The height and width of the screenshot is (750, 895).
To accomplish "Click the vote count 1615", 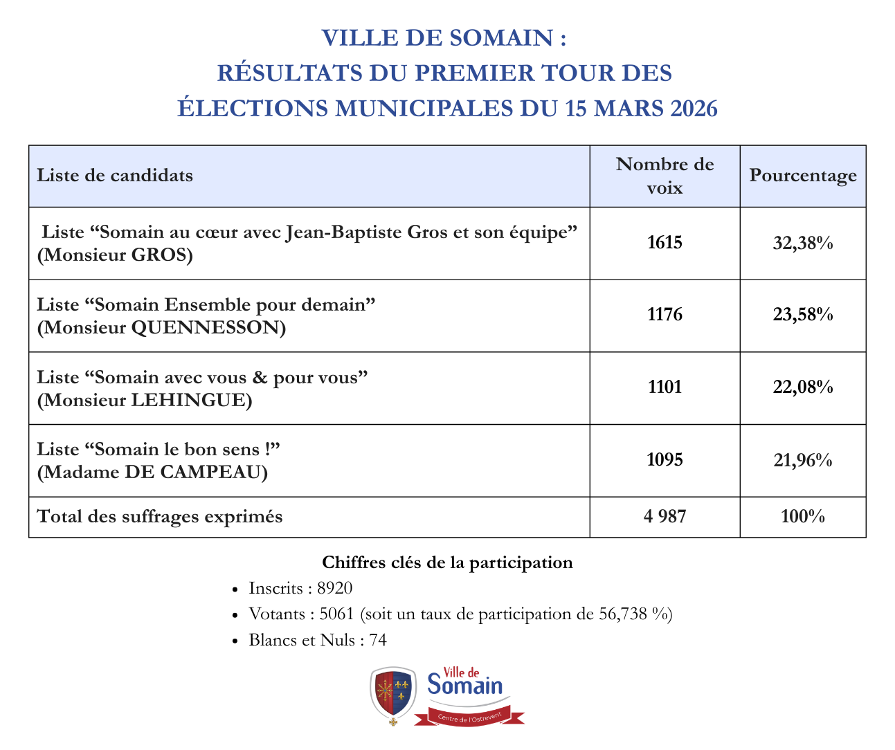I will pos(665,243).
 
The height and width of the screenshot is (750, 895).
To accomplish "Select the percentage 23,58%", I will pos(802,315).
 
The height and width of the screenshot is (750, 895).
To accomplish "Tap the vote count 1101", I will pos(665,387).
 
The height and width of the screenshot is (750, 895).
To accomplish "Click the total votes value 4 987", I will pos(665,516).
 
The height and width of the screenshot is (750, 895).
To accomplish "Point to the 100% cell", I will pos(802,516).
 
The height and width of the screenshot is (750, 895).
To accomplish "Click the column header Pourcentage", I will pos(802,176).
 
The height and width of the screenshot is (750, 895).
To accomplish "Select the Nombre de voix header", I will pos(665,176).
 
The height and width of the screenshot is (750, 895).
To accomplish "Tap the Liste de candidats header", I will pos(115,176).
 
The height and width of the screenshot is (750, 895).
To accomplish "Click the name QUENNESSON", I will pos(208,327).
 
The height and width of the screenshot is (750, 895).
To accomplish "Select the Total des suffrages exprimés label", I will pos(160,516).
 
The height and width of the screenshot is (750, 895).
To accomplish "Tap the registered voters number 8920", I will pos(335,589).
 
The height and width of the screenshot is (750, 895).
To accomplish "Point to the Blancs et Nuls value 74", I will pos(378,640).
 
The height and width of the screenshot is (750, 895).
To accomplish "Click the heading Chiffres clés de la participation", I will pos(447,562).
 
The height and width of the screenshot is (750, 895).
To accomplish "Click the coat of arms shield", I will pos(393,694).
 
